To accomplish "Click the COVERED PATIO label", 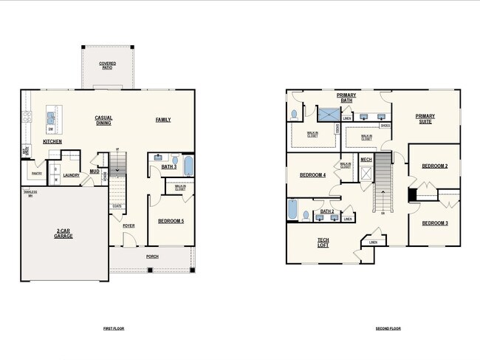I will click(x=107, y=65).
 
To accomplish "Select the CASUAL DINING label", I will click(x=103, y=120).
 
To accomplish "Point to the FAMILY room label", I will click(x=163, y=120).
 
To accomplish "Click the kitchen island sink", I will click(x=51, y=117).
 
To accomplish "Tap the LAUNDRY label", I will click(x=71, y=175).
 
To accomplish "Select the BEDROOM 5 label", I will click(x=172, y=221).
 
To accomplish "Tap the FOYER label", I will click(x=128, y=226).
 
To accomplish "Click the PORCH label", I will click(x=152, y=257).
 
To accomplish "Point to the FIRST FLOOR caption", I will click(x=114, y=327).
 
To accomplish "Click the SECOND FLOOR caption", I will click(x=388, y=327).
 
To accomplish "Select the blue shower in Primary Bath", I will click(x=328, y=114).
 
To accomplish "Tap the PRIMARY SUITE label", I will click(x=425, y=118).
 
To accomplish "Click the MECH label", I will click(x=366, y=159).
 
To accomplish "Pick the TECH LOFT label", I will click(x=323, y=243).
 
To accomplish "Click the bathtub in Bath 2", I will click(x=292, y=210).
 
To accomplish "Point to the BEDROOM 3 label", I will click(x=435, y=223).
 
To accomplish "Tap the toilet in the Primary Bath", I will click(x=295, y=115).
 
